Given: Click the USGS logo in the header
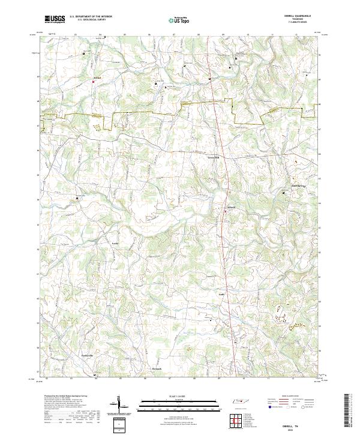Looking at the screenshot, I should click(55, 19).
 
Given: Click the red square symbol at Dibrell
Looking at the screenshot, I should click(226, 210).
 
